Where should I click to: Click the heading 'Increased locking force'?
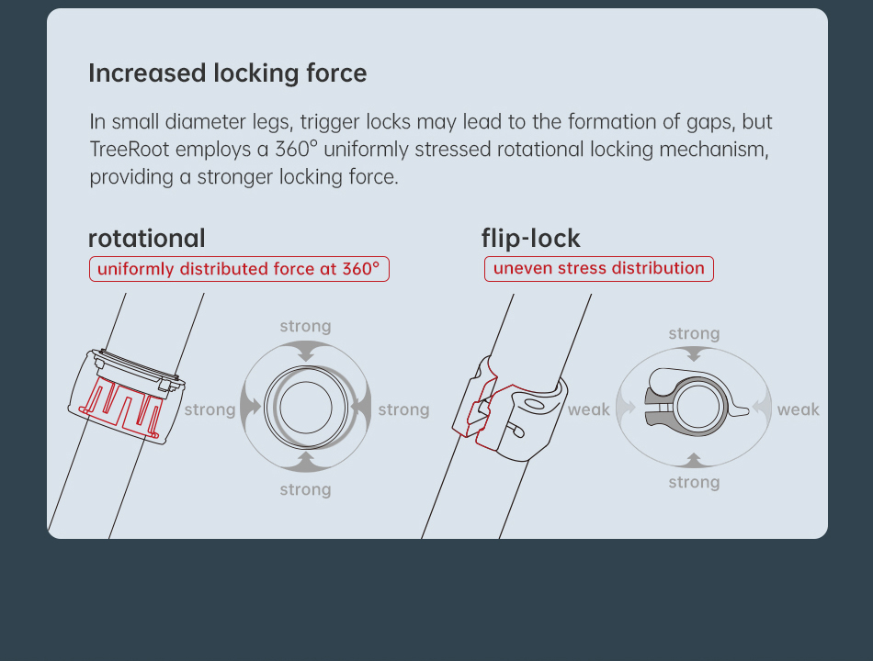click(x=228, y=73)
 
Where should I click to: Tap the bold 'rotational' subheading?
click(x=147, y=238)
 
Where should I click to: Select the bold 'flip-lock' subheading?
click(x=530, y=238)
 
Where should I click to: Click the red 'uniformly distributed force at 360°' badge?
click(x=239, y=269)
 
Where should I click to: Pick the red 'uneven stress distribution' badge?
click(x=598, y=269)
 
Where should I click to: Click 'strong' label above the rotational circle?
click(x=305, y=326)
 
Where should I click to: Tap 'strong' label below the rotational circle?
click(x=305, y=489)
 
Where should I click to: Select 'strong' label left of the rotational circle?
click(x=210, y=410)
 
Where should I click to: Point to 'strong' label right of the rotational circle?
click(x=403, y=410)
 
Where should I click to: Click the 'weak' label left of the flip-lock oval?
click(x=588, y=410)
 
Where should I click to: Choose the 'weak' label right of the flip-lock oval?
click(x=798, y=410)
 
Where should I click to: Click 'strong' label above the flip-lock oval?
click(x=694, y=334)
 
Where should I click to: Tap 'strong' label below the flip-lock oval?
click(x=694, y=482)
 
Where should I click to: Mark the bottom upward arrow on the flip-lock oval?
click(x=693, y=460)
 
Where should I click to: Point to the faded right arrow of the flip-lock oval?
click(x=762, y=407)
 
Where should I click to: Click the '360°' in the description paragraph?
click(x=296, y=149)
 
